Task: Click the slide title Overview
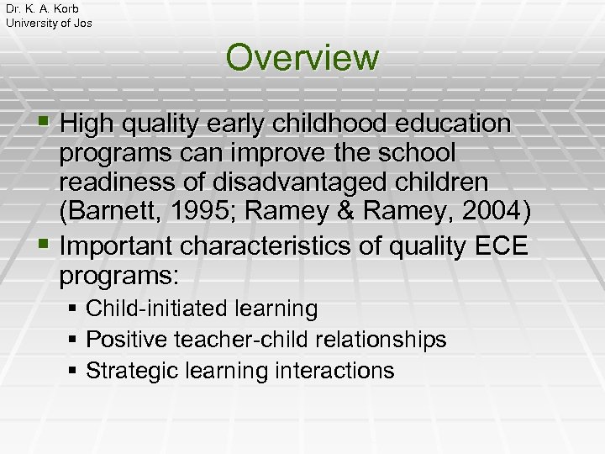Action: tap(302, 58)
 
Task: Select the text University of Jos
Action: tap(49, 23)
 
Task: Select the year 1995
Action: tap(197, 214)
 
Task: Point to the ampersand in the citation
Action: tap(349, 214)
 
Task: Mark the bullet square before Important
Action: tap(47, 245)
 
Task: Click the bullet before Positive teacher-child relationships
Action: tap(74, 340)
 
